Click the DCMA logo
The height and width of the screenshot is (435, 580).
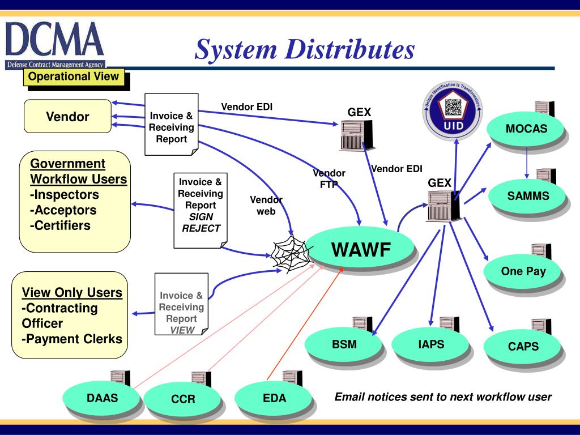(55, 44)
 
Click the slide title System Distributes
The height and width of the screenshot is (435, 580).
(305, 49)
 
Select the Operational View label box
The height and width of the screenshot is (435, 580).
(74, 76)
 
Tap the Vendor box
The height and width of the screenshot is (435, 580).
(67, 117)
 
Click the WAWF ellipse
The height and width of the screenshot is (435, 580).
(361, 249)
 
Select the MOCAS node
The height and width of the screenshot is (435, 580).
(526, 129)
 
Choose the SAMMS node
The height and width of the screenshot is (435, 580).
(527, 197)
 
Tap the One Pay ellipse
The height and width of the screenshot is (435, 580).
(523, 271)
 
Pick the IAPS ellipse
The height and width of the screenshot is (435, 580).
(430, 344)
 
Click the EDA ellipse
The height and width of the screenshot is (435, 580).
(274, 398)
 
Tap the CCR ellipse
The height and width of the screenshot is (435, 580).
(183, 399)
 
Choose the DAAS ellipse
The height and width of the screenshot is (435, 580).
(102, 398)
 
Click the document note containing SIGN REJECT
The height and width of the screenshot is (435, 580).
(200, 210)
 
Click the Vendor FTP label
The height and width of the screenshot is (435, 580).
(329, 178)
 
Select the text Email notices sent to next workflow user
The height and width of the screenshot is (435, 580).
(443, 396)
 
